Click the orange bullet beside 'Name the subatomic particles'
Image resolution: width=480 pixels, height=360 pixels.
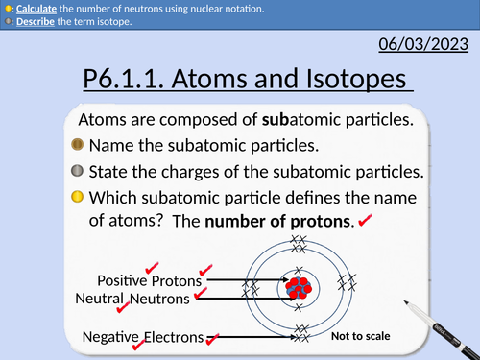point(78,146)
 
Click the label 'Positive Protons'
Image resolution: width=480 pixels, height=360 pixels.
point(149,281)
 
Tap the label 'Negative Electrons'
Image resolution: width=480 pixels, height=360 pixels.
point(143,337)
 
